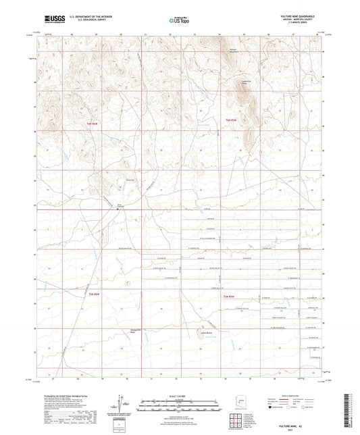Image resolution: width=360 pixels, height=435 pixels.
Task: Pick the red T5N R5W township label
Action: (x=230, y=296)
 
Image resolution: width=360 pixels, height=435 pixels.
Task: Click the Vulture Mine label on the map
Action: (x=120, y=207)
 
